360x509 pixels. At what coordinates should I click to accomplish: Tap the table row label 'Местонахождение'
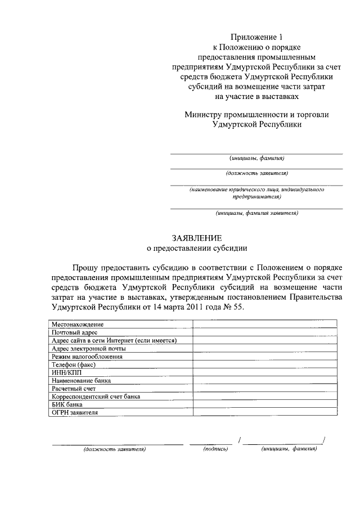coord(78,325)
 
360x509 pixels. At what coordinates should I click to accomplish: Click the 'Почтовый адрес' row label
coord(75,332)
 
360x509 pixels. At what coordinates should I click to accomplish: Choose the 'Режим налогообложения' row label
coord(87,357)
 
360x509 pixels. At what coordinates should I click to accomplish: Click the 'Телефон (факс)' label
coord(74,364)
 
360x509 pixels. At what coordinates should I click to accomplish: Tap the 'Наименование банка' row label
coord(81,380)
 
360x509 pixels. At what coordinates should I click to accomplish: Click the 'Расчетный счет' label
coord(74,388)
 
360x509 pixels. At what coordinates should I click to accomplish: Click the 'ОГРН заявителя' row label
coord(74,412)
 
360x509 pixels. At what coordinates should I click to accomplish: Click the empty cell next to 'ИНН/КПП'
coord(265,372)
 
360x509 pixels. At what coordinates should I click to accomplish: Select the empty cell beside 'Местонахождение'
coord(265,325)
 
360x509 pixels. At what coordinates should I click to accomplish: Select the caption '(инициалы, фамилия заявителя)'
coord(256,213)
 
